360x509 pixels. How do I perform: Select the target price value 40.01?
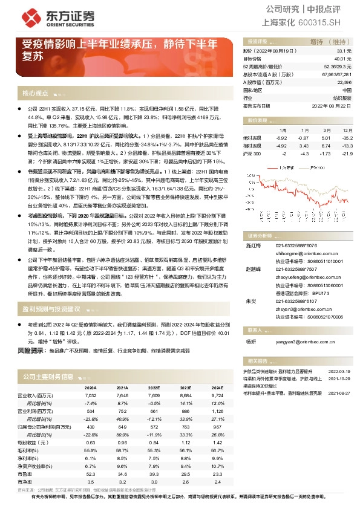pos(343,59)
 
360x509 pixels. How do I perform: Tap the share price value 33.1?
pos(345,52)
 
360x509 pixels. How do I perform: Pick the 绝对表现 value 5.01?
pos(327,138)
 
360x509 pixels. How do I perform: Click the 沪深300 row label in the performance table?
pos(252,155)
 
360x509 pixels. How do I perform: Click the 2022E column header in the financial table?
pos(154,387)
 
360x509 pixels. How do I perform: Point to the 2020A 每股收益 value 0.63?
pos(91,442)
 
